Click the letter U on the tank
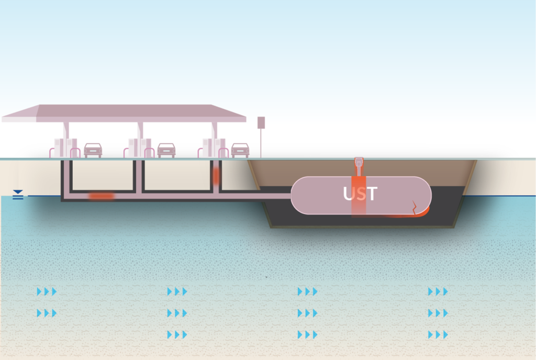(348, 194)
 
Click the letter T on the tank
(372, 194)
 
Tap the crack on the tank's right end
(415, 207)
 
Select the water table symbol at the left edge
(18, 194)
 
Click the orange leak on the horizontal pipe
(101, 196)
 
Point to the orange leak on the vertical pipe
(216, 176)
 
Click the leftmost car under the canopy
(93, 150)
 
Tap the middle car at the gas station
(166, 150)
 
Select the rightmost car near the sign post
(240, 150)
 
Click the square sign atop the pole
(261, 122)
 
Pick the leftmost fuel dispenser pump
(65, 148)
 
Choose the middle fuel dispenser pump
(140, 148)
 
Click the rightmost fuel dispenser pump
(214, 148)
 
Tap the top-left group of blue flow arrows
(47, 291)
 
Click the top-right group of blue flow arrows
(438, 291)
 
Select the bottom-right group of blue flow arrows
(438, 335)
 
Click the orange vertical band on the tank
(359, 197)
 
